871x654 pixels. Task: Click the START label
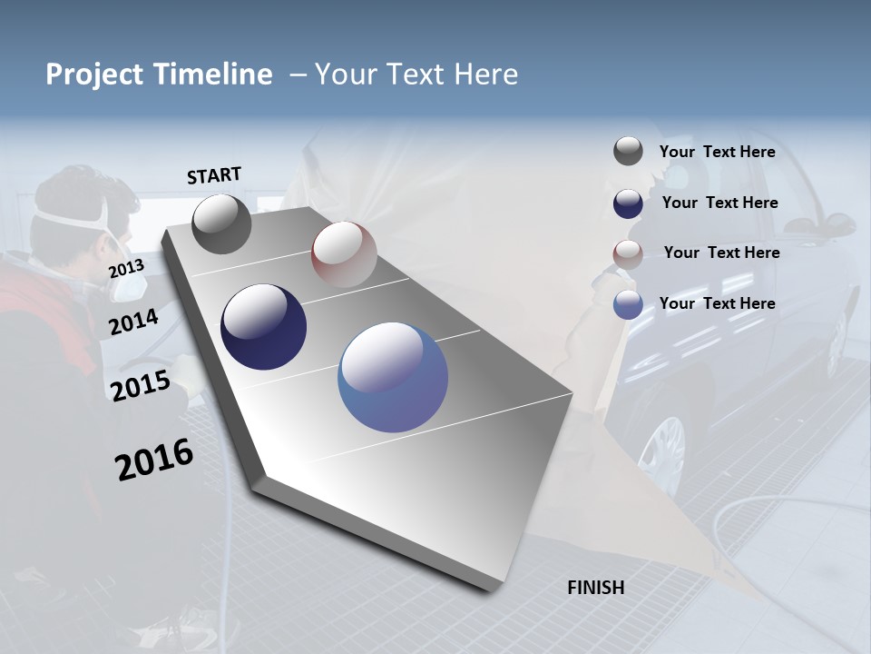[x=214, y=175]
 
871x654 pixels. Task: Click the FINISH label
[x=596, y=588]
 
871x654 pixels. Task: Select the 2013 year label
[x=126, y=268]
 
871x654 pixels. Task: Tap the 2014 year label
[x=133, y=322]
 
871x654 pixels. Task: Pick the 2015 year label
[x=141, y=386]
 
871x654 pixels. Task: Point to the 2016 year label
[x=154, y=459]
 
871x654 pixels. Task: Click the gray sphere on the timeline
[x=221, y=223]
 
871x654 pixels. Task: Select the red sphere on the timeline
[x=344, y=254]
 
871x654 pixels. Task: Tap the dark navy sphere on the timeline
[x=263, y=327]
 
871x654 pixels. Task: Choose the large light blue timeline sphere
[x=393, y=377]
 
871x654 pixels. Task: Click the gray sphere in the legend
[x=628, y=152]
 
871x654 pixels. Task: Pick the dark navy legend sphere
[x=628, y=203]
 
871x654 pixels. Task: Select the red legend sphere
[x=628, y=254]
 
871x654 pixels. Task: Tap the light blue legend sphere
[x=628, y=304]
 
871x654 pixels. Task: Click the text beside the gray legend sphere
[x=717, y=152]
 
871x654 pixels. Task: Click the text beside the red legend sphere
[x=721, y=253]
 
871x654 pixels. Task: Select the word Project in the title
[x=93, y=74]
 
